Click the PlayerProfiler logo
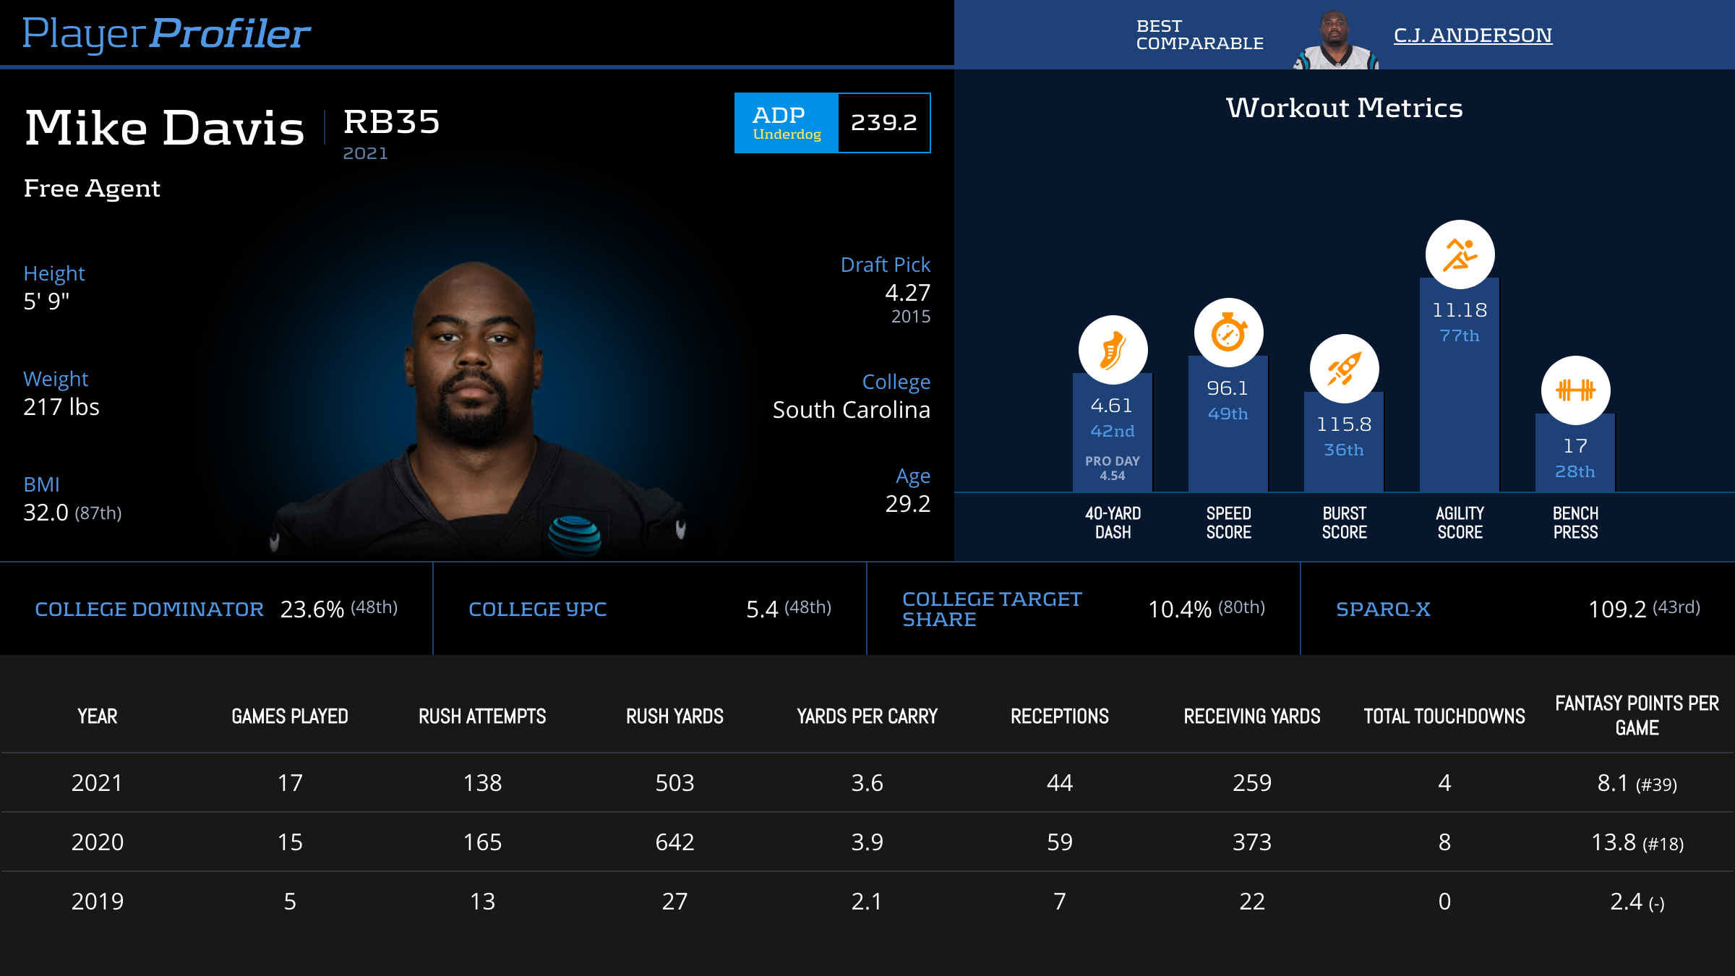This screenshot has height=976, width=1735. click(166, 33)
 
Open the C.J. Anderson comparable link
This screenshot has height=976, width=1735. click(1473, 35)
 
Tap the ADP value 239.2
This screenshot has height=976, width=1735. click(883, 123)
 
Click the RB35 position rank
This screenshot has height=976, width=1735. click(391, 121)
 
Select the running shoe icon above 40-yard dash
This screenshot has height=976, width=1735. click(1113, 350)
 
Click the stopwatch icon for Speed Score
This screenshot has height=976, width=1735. click(1228, 333)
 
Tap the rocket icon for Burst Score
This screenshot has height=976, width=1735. click(1344, 369)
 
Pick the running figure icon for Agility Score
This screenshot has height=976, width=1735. click(1460, 254)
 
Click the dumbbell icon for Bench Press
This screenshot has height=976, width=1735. click(1575, 390)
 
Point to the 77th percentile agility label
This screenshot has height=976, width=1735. click(1460, 335)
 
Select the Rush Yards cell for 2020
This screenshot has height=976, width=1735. click(674, 842)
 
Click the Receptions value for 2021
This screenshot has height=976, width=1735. click(1060, 783)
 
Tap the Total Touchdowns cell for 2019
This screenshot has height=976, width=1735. click(1444, 902)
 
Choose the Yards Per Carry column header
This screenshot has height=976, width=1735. click(867, 716)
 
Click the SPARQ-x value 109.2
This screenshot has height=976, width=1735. click(1617, 609)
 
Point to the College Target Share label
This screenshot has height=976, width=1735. click(992, 609)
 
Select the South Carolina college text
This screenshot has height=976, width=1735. click(851, 410)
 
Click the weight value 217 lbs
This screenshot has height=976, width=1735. click(61, 407)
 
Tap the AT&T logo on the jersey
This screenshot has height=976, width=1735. click(574, 535)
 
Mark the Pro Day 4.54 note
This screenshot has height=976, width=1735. click(1113, 468)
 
